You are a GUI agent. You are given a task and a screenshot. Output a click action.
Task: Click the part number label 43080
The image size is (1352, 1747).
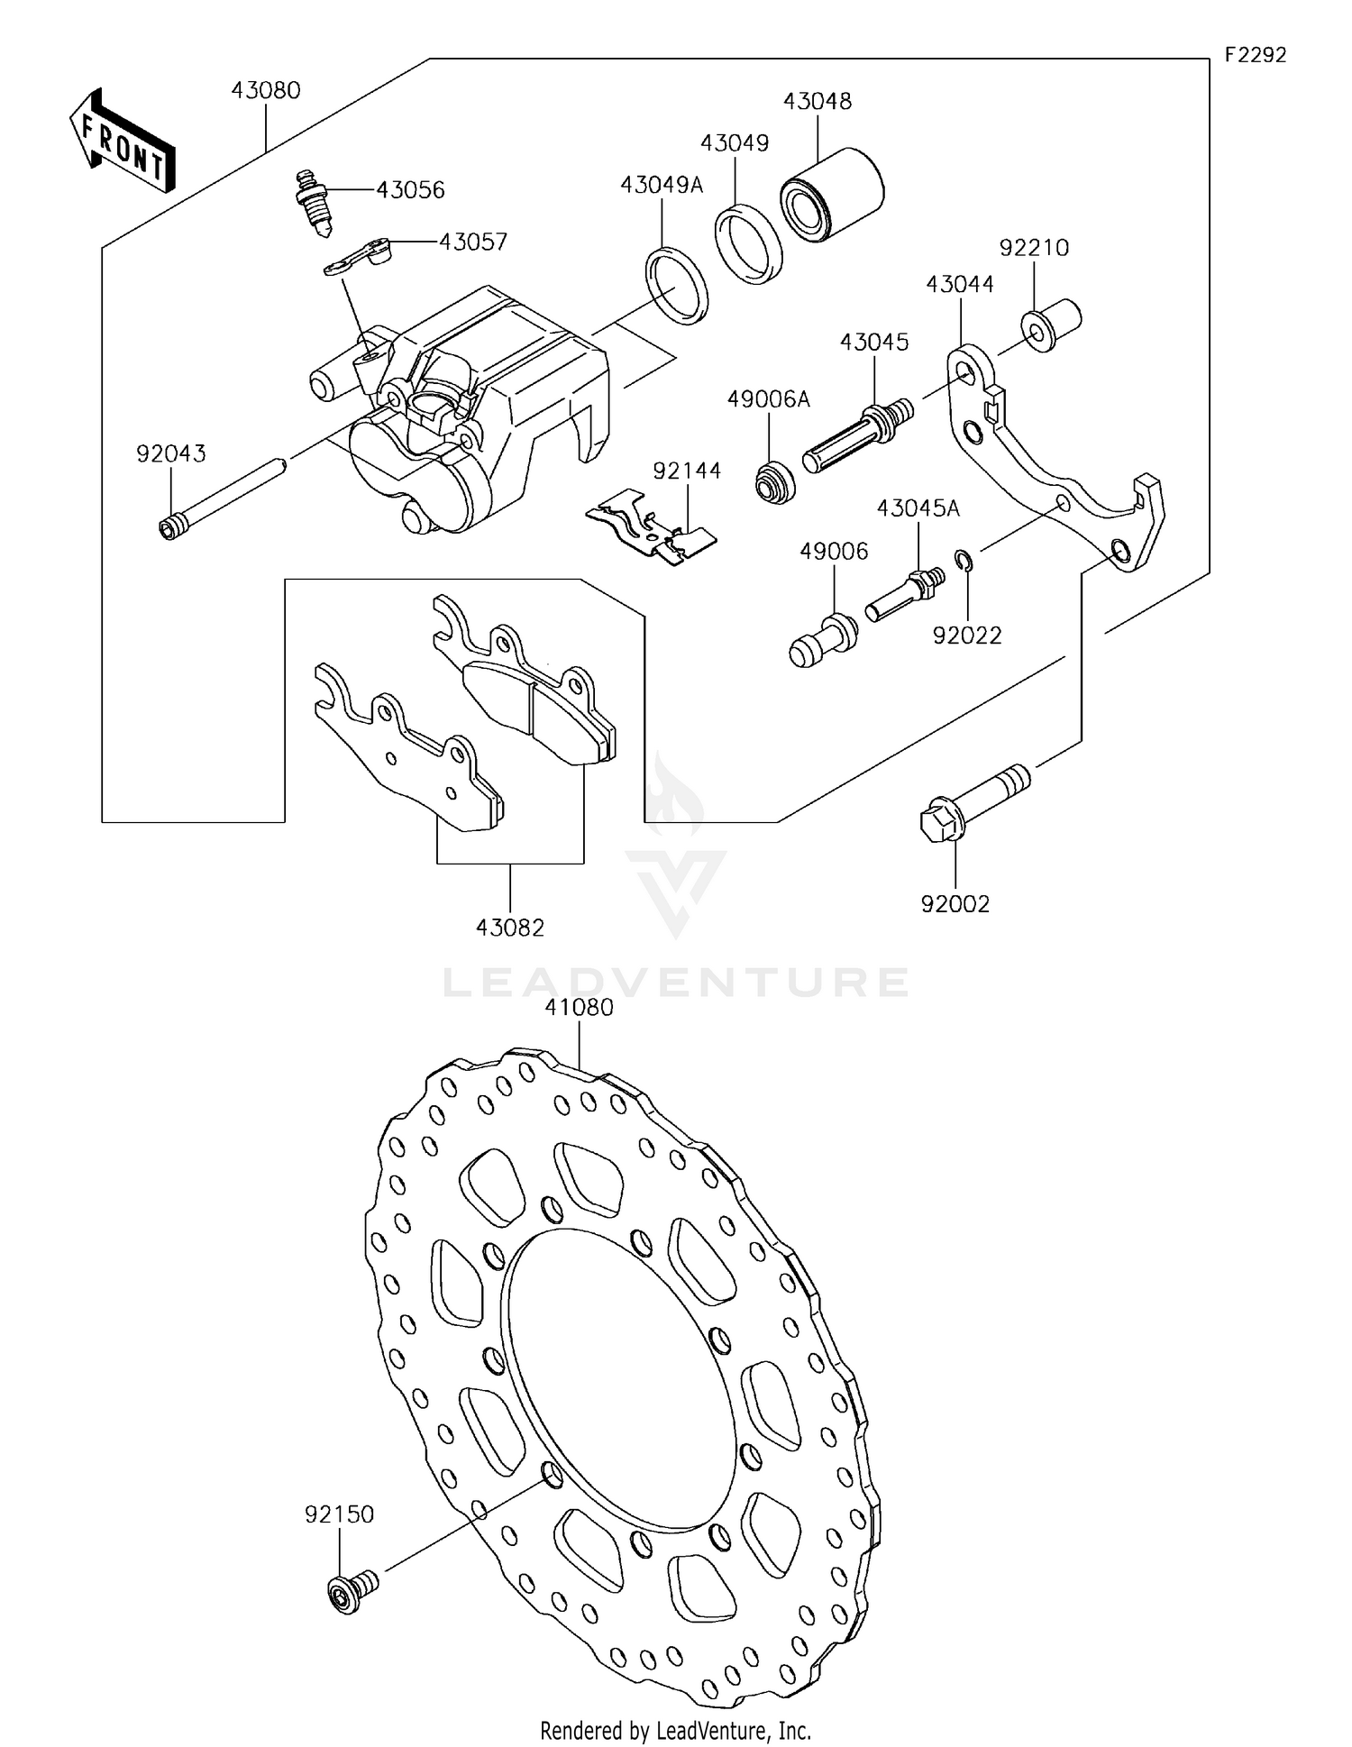click(266, 90)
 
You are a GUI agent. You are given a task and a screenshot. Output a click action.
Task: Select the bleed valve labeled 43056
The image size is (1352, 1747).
click(312, 204)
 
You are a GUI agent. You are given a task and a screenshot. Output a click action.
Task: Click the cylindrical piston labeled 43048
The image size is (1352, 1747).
click(832, 195)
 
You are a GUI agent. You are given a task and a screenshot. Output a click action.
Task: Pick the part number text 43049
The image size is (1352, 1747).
click(735, 143)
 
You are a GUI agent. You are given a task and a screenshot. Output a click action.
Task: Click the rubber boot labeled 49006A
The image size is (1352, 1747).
click(774, 481)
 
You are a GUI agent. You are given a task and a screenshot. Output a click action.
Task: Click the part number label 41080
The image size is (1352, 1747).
click(579, 1007)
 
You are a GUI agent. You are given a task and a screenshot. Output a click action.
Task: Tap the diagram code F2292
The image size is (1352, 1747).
click(1255, 55)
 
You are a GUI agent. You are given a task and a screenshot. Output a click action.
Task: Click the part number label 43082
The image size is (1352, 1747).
click(510, 928)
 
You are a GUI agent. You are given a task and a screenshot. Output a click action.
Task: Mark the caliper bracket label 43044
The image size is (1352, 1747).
click(960, 284)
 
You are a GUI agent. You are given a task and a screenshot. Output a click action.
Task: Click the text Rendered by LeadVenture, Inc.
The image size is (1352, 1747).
click(675, 1730)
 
